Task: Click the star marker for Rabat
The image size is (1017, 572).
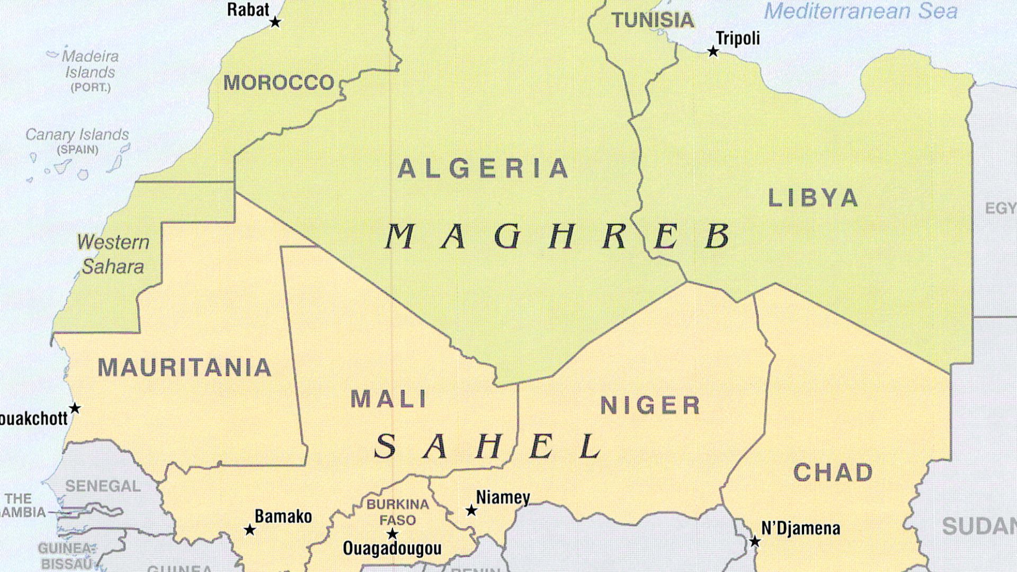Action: pyautogui.click(x=275, y=22)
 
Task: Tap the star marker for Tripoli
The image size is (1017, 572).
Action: pyautogui.click(x=713, y=52)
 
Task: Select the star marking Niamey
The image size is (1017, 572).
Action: pyautogui.click(x=471, y=511)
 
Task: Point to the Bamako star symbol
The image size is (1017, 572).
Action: pyautogui.click(x=249, y=530)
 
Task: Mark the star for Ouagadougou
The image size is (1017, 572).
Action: pyautogui.click(x=392, y=533)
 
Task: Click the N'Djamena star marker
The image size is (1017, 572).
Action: pyautogui.click(x=754, y=541)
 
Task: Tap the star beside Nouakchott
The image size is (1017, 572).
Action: pyautogui.click(x=75, y=408)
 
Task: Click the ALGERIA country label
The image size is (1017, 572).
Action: pyautogui.click(x=483, y=169)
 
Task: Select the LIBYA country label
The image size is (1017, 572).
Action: pyautogui.click(x=813, y=198)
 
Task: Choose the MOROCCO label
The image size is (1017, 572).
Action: pyautogui.click(x=279, y=83)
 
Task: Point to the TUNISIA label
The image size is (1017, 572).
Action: pyautogui.click(x=653, y=21)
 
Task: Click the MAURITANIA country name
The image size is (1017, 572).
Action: pyautogui.click(x=184, y=368)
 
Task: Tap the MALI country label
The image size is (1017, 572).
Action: pyautogui.click(x=389, y=399)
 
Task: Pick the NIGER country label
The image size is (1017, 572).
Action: pyautogui.click(x=650, y=406)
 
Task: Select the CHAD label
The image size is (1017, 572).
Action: pyautogui.click(x=833, y=472)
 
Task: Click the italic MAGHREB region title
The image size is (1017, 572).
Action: pyautogui.click(x=557, y=236)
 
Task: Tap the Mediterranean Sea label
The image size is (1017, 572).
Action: pyautogui.click(x=861, y=11)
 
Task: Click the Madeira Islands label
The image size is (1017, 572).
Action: pyautogui.click(x=90, y=64)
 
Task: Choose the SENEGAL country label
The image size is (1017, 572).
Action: pyautogui.click(x=103, y=486)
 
